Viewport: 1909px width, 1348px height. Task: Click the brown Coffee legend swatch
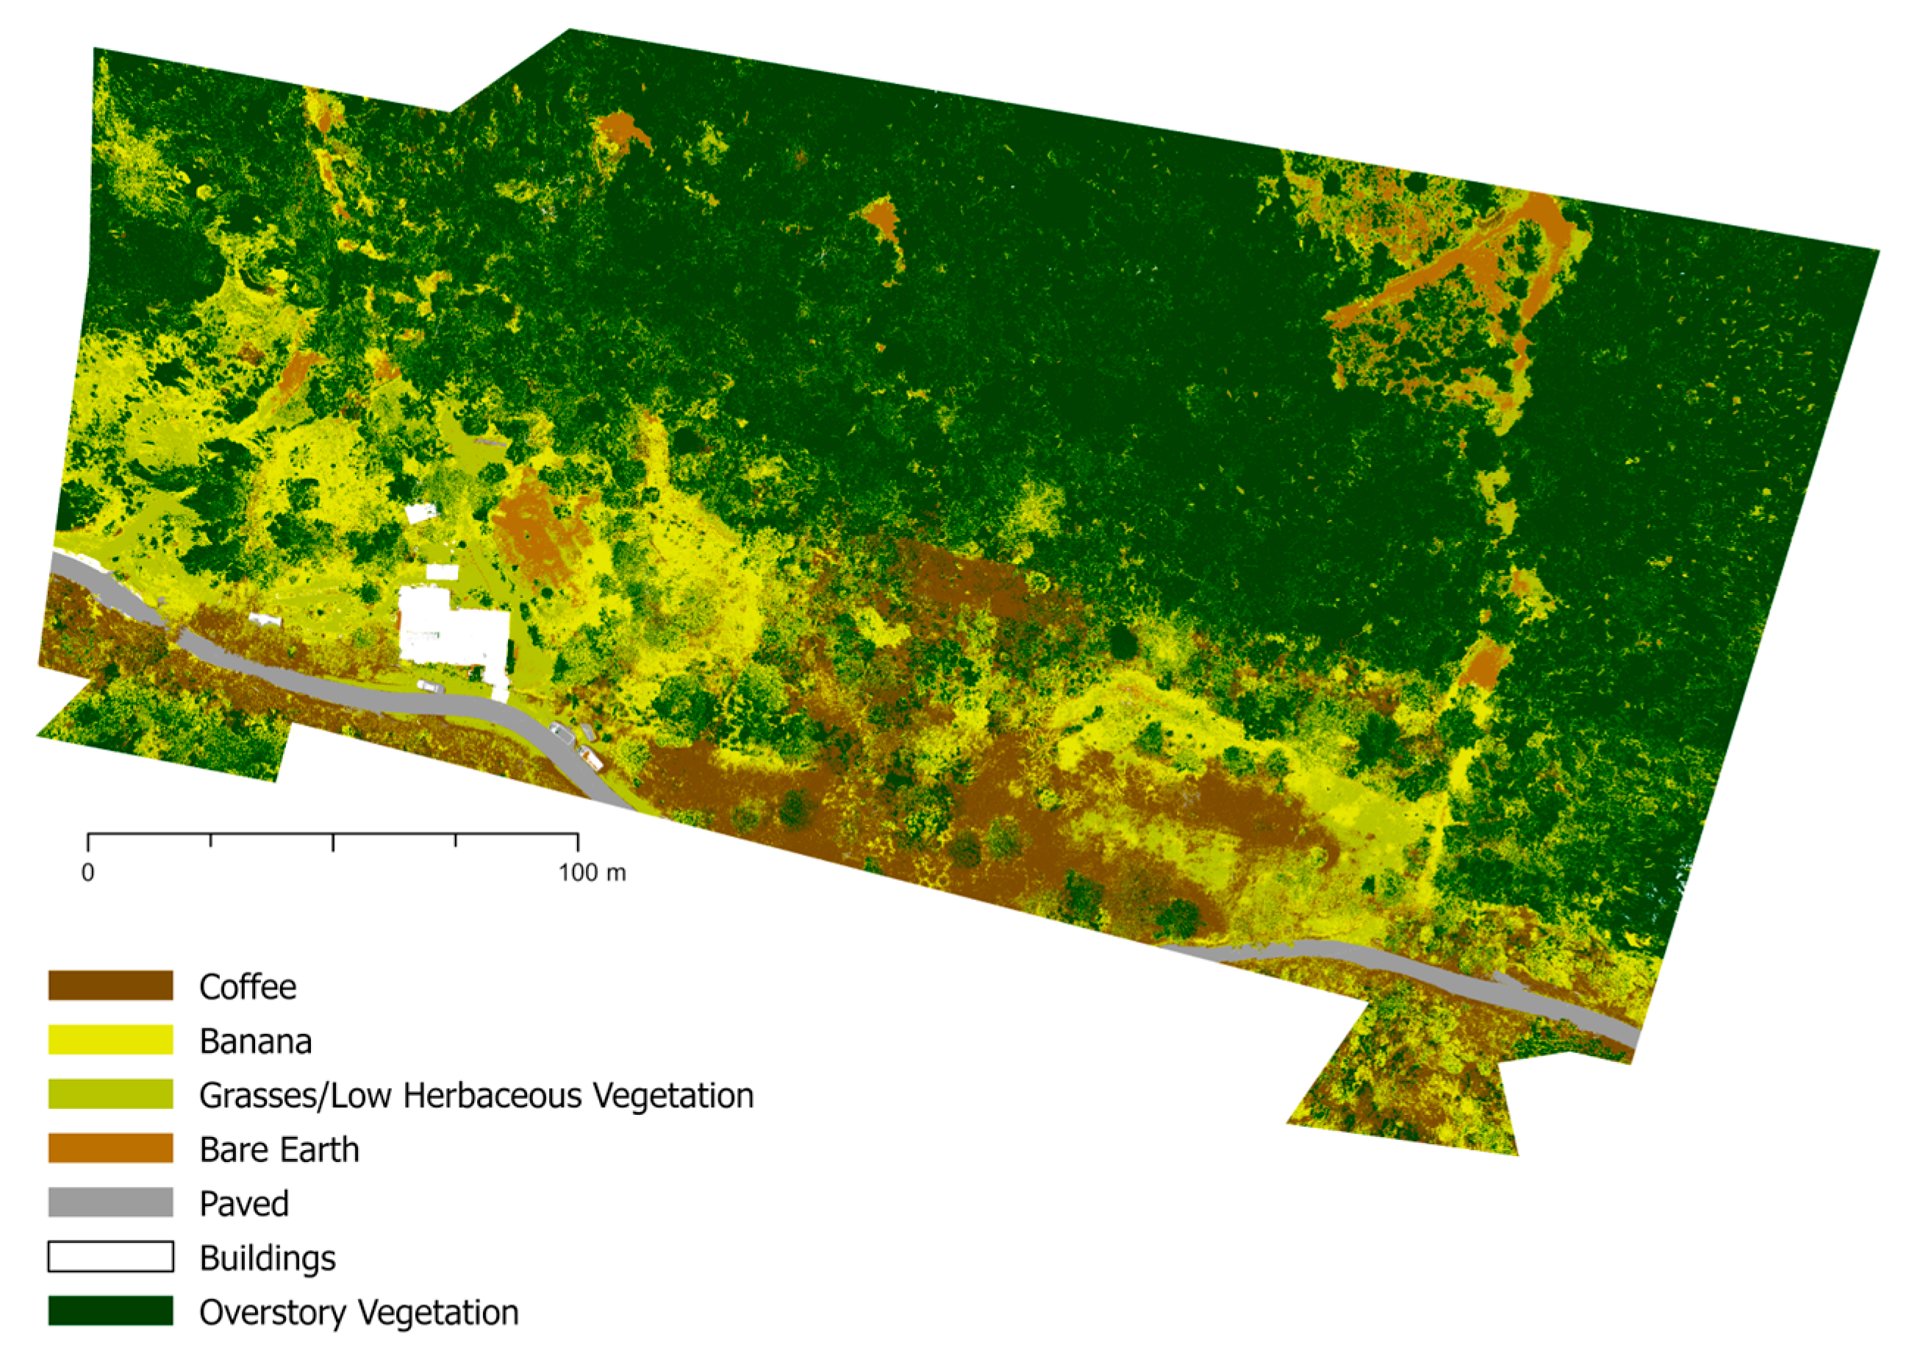click(110, 985)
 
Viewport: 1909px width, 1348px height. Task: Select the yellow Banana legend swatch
click(110, 1039)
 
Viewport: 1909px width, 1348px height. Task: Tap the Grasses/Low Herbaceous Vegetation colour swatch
click(110, 1094)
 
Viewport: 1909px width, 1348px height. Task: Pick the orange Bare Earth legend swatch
click(110, 1149)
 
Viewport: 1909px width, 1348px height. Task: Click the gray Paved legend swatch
click(110, 1202)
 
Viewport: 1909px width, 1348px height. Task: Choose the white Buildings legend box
click(110, 1257)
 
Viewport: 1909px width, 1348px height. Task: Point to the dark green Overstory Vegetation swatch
click(110, 1310)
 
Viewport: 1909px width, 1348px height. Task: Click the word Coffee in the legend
click(248, 987)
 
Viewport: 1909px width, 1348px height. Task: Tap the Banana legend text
click(255, 1041)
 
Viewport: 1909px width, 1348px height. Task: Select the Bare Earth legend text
click(279, 1150)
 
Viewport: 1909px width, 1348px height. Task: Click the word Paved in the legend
click(245, 1204)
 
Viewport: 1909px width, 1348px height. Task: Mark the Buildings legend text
click(268, 1259)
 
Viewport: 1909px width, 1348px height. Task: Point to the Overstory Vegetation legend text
click(359, 1312)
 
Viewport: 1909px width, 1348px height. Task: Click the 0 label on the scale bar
click(88, 872)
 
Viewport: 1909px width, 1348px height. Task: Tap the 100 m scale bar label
click(592, 872)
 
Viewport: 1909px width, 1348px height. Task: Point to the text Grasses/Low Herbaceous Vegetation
click(476, 1095)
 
